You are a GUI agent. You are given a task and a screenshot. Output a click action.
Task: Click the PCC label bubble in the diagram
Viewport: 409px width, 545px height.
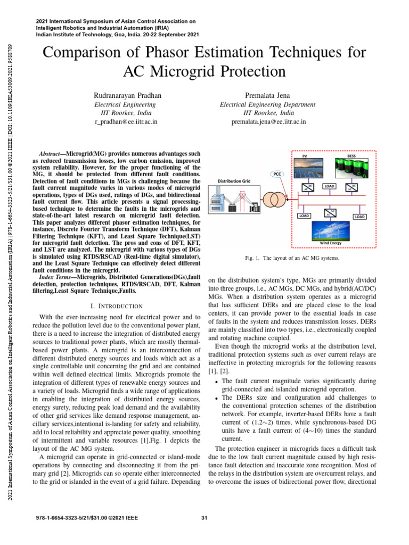pos(277,174)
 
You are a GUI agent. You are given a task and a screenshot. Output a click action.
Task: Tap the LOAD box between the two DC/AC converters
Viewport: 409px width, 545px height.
pos(329,187)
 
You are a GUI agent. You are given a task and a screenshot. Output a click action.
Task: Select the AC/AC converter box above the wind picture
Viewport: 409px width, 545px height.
pos(330,213)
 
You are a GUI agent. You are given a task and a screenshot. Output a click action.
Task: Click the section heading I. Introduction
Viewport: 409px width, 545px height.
pos(117,306)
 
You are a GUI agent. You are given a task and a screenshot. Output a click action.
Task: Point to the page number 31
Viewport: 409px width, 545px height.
pos(204,518)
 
